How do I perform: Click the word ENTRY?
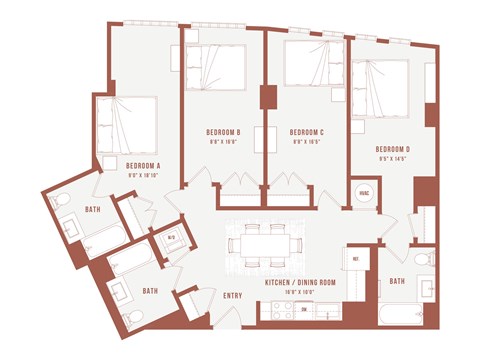pyautogui.click(x=232, y=295)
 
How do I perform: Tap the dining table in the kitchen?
pyautogui.click(x=271, y=243)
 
